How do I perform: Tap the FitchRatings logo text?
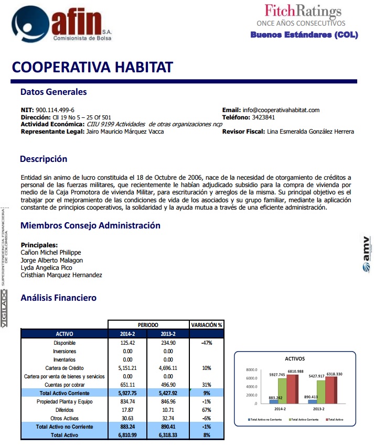[x=303, y=10]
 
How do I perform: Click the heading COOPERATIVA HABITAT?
[x=92, y=67]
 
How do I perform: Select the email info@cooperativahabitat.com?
[x=281, y=110]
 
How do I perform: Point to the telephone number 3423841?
[x=263, y=117]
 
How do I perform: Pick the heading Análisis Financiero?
[x=58, y=298]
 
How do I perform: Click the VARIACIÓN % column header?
[x=206, y=325]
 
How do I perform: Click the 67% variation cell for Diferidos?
[x=206, y=410]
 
